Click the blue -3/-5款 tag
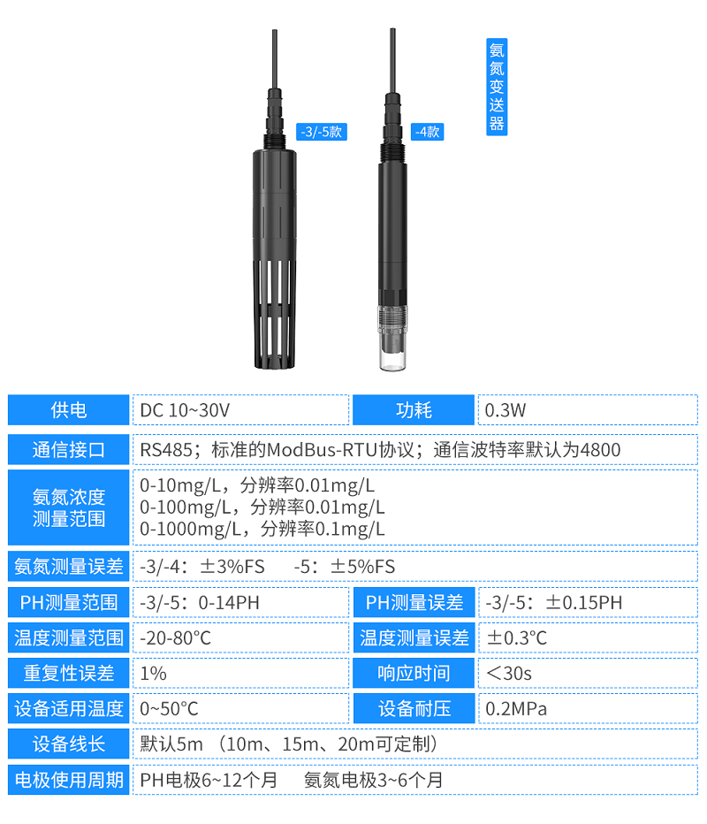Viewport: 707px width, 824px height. click(x=322, y=132)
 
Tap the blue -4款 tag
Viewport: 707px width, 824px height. click(x=427, y=132)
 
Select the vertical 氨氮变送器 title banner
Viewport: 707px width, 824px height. click(x=497, y=87)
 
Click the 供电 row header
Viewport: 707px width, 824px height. click(x=68, y=410)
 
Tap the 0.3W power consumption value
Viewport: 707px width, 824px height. click(x=506, y=410)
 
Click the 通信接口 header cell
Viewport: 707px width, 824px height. click(x=68, y=450)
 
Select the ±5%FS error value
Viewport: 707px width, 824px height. click(x=362, y=567)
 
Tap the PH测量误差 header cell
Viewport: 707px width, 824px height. click(x=414, y=602)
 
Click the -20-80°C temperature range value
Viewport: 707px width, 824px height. click(x=176, y=638)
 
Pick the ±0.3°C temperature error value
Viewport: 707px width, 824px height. click(x=517, y=638)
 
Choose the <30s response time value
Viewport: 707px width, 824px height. click(x=509, y=674)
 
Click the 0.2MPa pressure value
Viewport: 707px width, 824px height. click(x=516, y=709)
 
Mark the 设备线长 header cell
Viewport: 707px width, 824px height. click(x=68, y=744)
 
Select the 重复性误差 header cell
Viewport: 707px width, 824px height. click(x=68, y=673)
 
